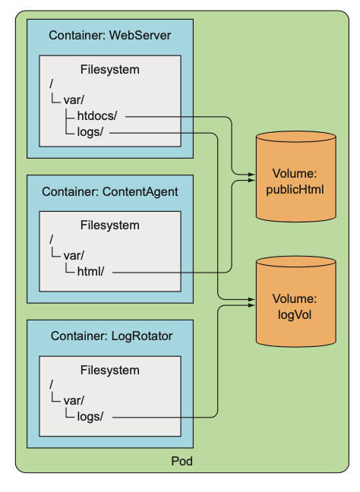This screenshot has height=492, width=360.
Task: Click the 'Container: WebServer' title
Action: pyautogui.click(x=110, y=35)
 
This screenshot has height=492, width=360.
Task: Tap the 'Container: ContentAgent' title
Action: pyautogui.click(x=110, y=192)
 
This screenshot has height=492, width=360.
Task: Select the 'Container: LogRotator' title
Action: pyautogui.click(x=112, y=336)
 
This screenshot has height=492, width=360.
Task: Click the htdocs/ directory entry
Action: pyautogui.click(x=97, y=115)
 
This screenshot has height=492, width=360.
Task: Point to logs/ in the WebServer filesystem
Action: pyautogui.click(x=90, y=132)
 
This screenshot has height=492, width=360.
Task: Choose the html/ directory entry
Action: pyautogui.click(x=90, y=271)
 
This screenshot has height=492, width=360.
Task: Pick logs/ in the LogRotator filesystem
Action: pyautogui.click(x=90, y=416)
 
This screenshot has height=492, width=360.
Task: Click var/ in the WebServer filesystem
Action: pyautogui.click(x=74, y=100)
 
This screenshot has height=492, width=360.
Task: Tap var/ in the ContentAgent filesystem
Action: pyautogui.click(x=74, y=256)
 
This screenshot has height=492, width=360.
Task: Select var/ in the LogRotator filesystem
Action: pyautogui.click(x=74, y=401)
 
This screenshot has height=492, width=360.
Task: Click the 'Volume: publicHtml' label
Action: pyautogui.click(x=295, y=181)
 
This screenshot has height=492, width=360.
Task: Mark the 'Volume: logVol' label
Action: pyautogui.click(x=295, y=307)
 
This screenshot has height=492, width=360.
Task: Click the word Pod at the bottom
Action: pyautogui.click(x=182, y=462)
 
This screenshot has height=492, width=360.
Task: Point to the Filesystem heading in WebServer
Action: pyautogui.click(x=110, y=69)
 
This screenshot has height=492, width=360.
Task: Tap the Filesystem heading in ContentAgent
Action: pyautogui.click(x=110, y=225)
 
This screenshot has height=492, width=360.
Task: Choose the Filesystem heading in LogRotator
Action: pyautogui.click(x=110, y=370)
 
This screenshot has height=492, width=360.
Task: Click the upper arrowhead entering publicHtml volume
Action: pyautogui.click(x=251, y=174)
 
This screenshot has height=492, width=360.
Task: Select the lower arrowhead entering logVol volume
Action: pyautogui.click(x=251, y=305)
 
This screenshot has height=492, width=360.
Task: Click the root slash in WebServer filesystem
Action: pyautogui.click(x=51, y=84)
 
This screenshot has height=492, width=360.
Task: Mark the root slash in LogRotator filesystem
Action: pyautogui.click(x=51, y=384)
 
